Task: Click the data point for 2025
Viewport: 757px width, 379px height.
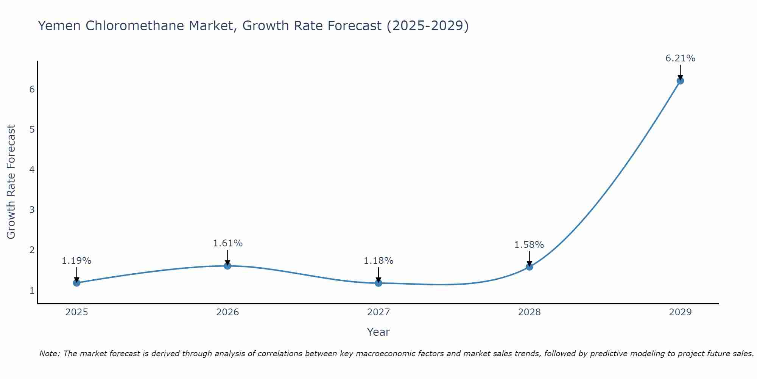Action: (x=76, y=283)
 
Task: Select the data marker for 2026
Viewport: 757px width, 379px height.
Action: (x=227, y=266)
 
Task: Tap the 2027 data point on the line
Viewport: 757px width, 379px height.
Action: (x=378, y=283)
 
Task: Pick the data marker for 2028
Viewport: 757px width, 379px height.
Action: (x=529, y=267)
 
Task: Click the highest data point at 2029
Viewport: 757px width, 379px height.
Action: (x=680, y=81)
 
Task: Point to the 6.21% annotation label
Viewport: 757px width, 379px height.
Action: (x=680, y=58)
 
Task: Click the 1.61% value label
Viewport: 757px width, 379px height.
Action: (x=227, y=243)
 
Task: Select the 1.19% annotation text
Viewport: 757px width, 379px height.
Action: (x=76, y=261)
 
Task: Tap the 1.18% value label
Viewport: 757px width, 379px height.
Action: (x=378, y=261)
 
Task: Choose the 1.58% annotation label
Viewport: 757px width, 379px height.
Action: (x=529, y=245)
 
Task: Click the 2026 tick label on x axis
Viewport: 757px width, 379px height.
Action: (x=227, y=312)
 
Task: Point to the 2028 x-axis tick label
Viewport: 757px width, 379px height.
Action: (x=529, y=312)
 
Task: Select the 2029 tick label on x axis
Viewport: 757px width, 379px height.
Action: (x=680, y=312)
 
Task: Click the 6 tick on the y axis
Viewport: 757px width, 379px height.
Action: (x=32, y=89)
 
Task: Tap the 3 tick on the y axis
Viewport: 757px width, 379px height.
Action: (x=32, y=210)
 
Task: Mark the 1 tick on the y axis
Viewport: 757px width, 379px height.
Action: (x=32, y=291)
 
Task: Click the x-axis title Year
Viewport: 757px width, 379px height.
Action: (x=378, y=332)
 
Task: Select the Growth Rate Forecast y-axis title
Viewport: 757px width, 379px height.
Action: (x=11, y=182)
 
